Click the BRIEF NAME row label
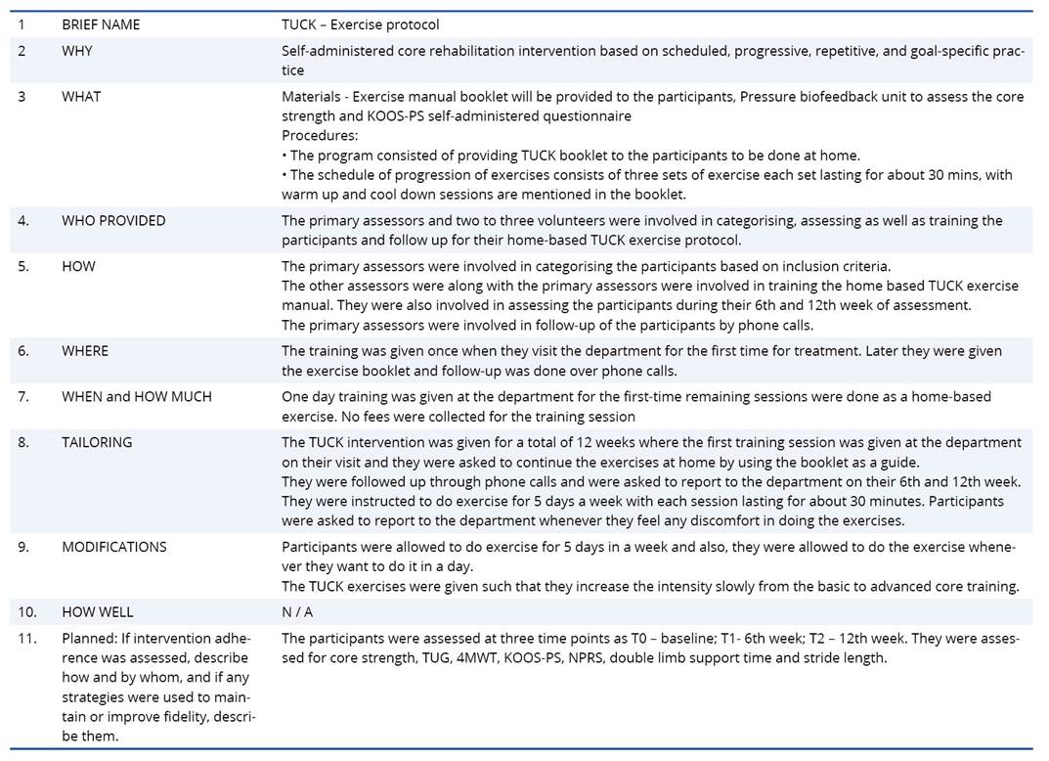pyautogui.click(x=101, y=24)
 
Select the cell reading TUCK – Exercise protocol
pyautogui.click(x=360, y=24)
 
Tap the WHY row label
pyautogui.click(x=77, y=51)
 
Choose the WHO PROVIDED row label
pyautogui.click(x=113, y=221)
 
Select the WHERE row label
pyautogui.click(x=85, y=351)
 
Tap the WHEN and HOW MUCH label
pyautogui.click(x=136, y=396)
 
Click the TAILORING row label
pyautogui.click(x=97, y=442)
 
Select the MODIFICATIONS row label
pyautogui.click(x=114, y=547)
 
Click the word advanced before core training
pyautogui.click(x=882, y=586)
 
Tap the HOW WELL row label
pyautogui.click(x=98, y=612)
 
